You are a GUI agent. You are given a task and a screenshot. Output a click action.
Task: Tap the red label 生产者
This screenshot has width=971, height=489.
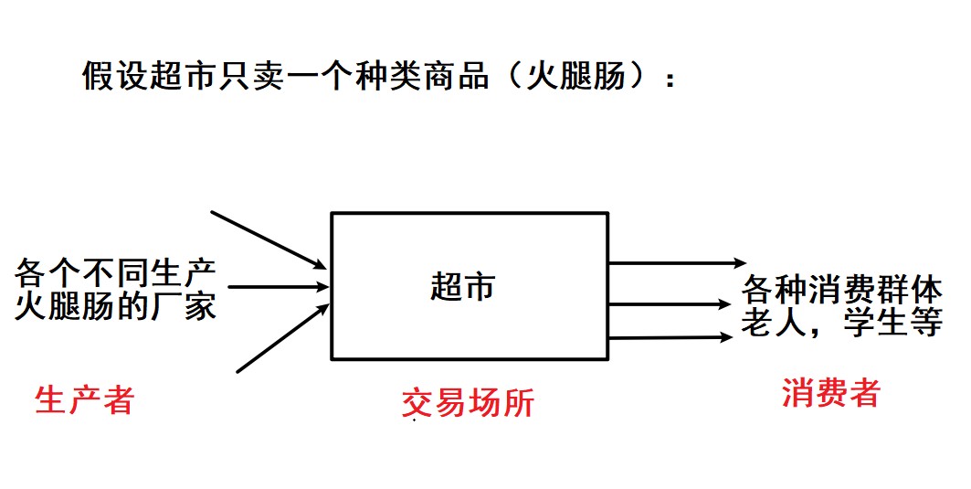(x=84, y=399)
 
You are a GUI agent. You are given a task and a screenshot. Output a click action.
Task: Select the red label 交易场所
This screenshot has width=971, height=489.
(x=468, y=403)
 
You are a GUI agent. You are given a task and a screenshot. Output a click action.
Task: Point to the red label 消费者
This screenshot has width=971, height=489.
(x=830, y=393)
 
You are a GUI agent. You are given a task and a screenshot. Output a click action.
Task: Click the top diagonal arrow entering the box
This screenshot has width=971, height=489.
(x=268, y=239)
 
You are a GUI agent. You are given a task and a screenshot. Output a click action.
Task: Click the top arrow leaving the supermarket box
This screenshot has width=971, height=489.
(x=670, y=264)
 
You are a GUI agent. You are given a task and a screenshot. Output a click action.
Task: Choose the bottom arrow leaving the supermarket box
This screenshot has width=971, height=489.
(x=670, y=338)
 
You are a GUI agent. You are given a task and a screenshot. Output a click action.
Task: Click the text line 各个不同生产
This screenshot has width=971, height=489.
(x=115, y=272)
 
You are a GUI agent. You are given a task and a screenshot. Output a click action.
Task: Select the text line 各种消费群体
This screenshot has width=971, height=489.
(x=841, y=290)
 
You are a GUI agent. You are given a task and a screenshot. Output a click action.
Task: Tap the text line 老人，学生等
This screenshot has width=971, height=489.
(x=841, y=323)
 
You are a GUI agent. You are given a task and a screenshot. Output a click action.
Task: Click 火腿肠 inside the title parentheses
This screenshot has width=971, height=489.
(x=575, y=77)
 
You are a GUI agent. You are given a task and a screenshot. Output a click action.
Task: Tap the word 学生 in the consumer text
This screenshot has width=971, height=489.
(x=876, y=323)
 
